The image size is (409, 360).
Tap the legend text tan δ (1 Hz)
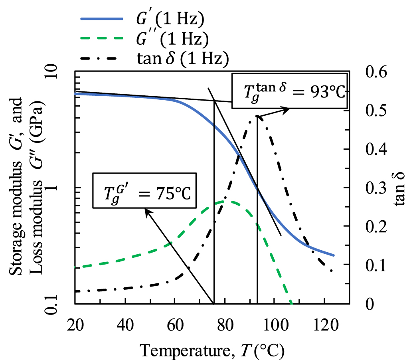click(x=180, y=58)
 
